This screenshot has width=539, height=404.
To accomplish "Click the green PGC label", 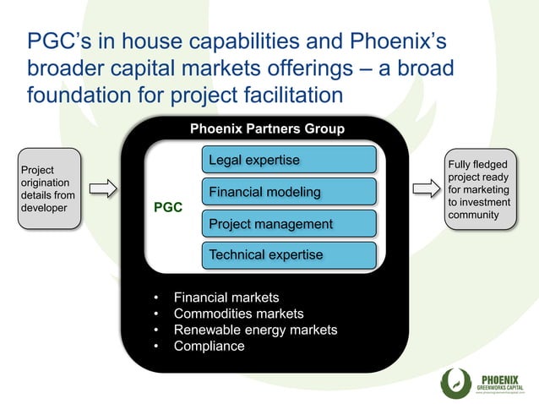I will (x=167, y=207).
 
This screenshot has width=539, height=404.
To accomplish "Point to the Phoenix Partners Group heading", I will (x=267, y=129).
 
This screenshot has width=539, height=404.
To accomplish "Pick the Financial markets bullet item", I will (x=226, y=298).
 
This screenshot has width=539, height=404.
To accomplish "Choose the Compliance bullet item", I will (x=209, y=346).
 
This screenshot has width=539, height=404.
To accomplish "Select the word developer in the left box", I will (x=45, y=208).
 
